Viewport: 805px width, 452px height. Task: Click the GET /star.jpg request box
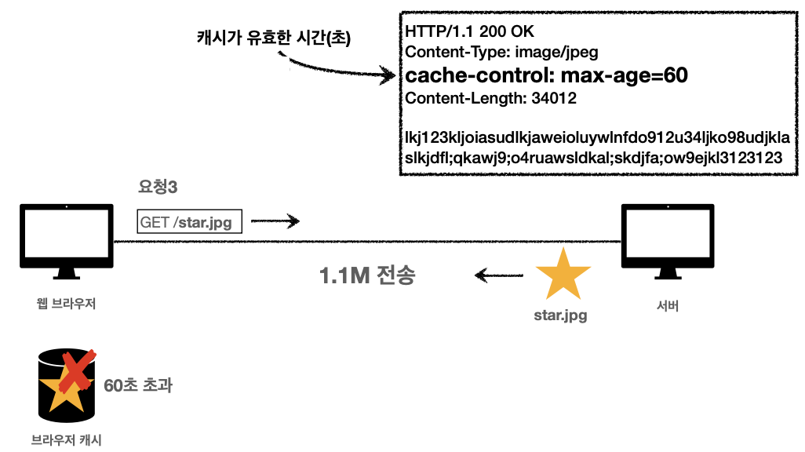click(x=189, y=222)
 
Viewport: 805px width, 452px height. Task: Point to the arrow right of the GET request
click(x=275, y=222)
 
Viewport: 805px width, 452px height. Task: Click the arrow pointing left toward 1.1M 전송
click(x=498, y=275)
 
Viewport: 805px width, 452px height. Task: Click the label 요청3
click(x=157, y=188)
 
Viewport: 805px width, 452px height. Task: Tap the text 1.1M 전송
click(x=366, y=276)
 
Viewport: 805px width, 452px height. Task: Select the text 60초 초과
click(x=138, y=385)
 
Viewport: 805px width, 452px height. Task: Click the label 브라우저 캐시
click(x=66, y=439)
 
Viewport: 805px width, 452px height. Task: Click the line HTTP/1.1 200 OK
click(x=468, y=32)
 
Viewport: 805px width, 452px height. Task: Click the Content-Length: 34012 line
click(x=490, y=99)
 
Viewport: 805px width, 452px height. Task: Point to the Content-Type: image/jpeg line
click(x=501, y=53)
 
